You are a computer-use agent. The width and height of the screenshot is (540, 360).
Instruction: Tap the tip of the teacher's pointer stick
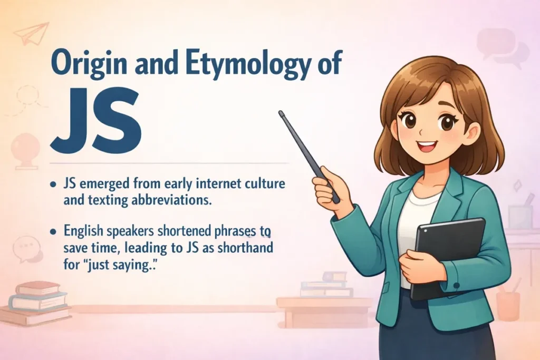[282, 112]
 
